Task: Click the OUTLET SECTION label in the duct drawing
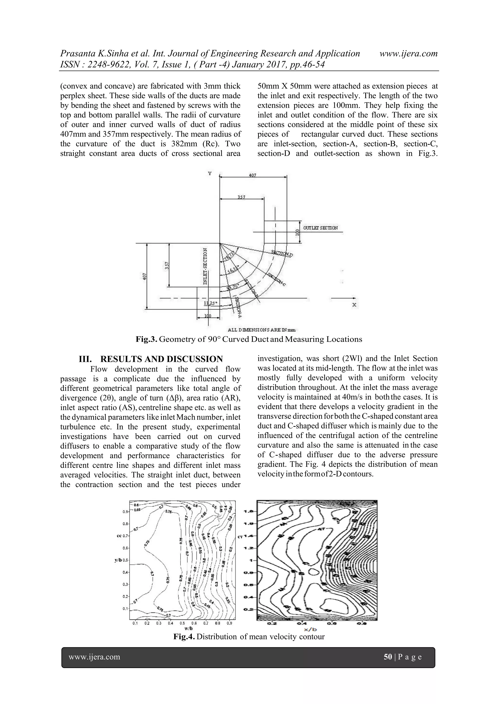(x=320, y=228)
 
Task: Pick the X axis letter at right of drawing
(x=354, y=305)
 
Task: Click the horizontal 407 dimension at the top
(x=252, y=175)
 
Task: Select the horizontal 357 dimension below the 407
(x=242, y=197)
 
